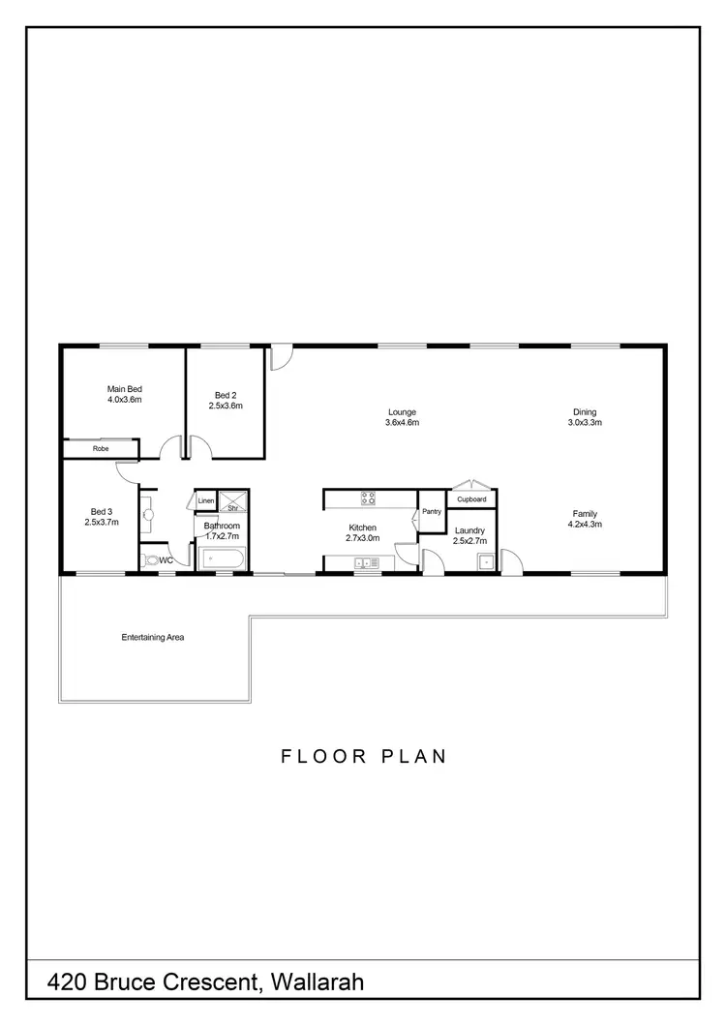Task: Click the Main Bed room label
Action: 124,394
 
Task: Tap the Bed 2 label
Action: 225,401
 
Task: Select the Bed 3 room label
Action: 100,517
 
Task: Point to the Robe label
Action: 100,449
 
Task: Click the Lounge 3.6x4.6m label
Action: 401,417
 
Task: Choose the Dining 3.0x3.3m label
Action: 585,417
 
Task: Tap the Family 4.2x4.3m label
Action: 585,519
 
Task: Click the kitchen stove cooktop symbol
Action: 369,499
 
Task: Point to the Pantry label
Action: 431,511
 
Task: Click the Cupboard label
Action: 471,499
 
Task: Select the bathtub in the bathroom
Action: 223,558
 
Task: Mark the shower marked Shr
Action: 233,501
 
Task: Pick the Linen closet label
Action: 206,500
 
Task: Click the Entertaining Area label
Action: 152,638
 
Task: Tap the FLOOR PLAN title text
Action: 364,756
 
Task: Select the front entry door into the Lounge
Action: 280,357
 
